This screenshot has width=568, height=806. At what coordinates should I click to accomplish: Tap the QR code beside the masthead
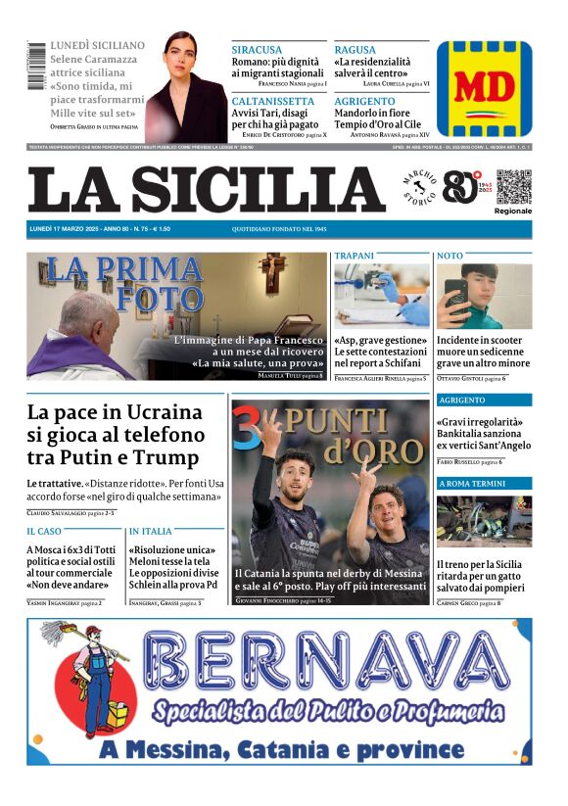513,187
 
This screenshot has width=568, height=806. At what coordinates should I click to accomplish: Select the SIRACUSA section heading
257,50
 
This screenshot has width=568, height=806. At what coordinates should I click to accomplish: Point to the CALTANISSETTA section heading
273,101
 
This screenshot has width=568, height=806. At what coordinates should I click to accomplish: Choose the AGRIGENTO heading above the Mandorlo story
364,101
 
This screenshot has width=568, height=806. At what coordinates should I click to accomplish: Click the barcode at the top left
37,68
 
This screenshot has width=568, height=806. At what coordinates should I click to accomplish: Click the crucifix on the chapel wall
272,273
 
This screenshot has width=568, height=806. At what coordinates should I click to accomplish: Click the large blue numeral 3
247,431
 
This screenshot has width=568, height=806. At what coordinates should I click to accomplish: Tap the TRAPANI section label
355,256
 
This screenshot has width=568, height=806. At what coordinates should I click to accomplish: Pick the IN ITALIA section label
150,531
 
